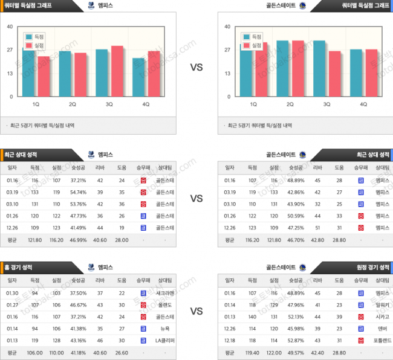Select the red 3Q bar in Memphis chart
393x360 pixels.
[117, 71]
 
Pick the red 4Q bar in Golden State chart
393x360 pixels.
[371, 72]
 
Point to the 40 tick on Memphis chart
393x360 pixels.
[10, 27]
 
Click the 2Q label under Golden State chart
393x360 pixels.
[290, 104]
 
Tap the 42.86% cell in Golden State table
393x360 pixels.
[296, 192]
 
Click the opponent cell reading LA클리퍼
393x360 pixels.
[164, 341]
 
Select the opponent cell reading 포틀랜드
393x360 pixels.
[382, 341]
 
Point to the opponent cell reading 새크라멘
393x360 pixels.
[164, 293]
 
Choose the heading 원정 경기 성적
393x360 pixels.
[372, 267]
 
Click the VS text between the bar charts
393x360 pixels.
[197, 68]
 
